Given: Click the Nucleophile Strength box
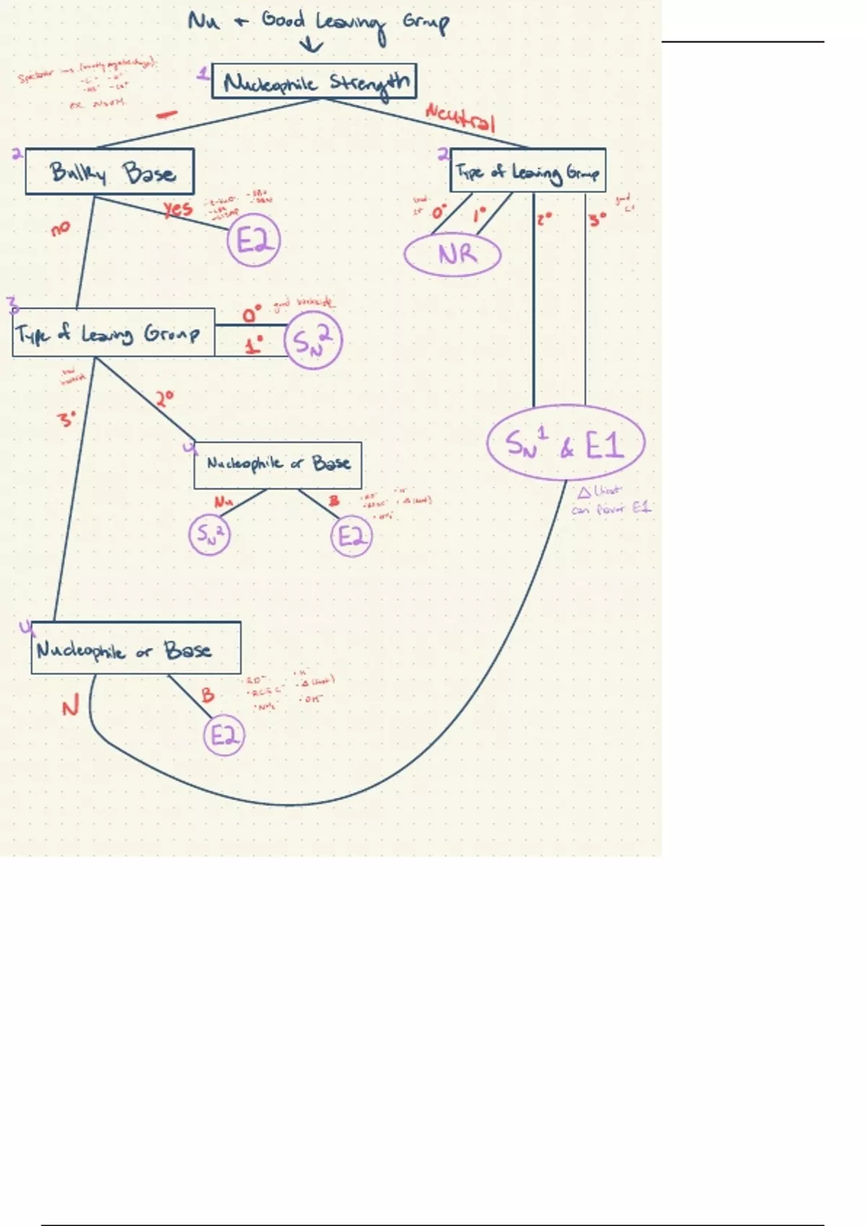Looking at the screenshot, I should (314, 81).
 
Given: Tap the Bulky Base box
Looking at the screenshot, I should (110, 172).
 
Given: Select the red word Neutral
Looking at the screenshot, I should (460, 117).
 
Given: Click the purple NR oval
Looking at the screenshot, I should (452, 255).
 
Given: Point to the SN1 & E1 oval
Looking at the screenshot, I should (565, 443).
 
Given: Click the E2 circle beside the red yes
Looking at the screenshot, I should (253, 240).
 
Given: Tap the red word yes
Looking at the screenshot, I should (178, 209).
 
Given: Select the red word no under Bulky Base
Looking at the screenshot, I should (61, 229).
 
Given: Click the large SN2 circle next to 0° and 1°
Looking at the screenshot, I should (312, 340).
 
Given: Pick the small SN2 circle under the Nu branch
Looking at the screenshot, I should (209, 535).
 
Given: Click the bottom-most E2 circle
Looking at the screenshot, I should (224, 736).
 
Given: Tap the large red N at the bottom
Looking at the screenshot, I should (69, 707).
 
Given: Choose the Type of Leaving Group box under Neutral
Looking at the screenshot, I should (528, 171).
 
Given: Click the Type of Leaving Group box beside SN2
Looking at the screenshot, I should (113, 332).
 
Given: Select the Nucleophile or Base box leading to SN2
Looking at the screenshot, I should (278, 464).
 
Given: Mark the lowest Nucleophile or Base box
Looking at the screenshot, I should (136, 648).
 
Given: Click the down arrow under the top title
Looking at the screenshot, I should (311, 46).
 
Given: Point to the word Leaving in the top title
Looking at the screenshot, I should (350, 24).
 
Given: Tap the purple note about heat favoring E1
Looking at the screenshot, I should (611, 500).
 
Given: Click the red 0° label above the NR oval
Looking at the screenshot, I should (439, 212).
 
